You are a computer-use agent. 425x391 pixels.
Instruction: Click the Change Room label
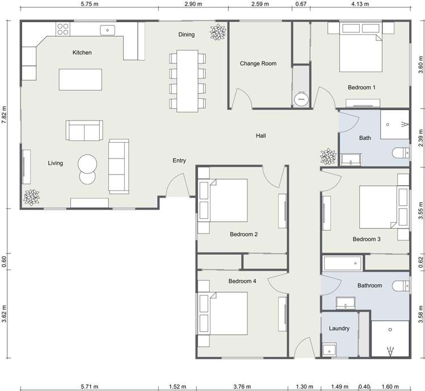[258, 64]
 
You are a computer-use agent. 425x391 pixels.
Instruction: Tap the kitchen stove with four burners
[63, 29]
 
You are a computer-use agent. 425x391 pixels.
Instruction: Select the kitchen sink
[108, 30]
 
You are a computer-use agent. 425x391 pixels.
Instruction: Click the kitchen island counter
[81, 80]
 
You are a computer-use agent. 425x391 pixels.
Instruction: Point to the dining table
[187, 81]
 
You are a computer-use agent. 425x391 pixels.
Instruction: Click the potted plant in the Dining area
[218, 32]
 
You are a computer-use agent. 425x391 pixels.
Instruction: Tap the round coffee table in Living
[87, 164]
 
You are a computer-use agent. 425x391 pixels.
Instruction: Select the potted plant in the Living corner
[31, 197]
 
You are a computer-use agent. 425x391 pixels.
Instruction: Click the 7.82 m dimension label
[4, 115]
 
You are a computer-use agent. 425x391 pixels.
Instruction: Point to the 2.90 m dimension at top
[193, 4]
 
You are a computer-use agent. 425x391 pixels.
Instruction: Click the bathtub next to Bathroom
[342, 263]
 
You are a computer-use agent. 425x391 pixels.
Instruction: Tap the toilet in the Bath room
[401, 153]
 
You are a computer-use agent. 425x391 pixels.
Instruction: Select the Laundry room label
[339, 328]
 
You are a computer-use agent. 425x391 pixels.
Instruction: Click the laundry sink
[329, 349]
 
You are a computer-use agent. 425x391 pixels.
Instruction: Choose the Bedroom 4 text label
[242, 281]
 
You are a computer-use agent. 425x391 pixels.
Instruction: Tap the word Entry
[179, 161]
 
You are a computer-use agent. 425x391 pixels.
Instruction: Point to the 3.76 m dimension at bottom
[242, 386]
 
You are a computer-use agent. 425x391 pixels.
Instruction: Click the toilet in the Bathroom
[401, 286]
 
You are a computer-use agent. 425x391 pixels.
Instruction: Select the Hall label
[261, 136]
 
